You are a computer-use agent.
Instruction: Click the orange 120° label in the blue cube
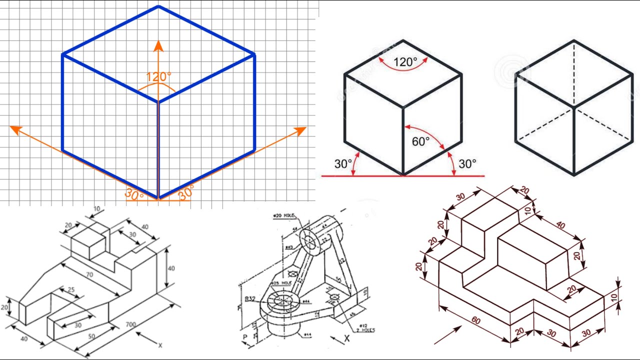158,77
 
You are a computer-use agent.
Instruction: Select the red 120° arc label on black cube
405,62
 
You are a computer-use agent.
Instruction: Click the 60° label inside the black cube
420,141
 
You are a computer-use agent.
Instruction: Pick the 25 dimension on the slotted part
70,290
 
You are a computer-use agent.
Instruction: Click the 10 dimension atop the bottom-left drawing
96,209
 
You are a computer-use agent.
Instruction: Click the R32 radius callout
250,299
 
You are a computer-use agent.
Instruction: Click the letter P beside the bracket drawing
245,337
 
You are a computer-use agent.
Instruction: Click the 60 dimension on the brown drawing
475,320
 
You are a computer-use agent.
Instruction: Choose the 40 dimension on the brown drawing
560,225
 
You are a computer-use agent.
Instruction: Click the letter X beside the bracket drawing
347,338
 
